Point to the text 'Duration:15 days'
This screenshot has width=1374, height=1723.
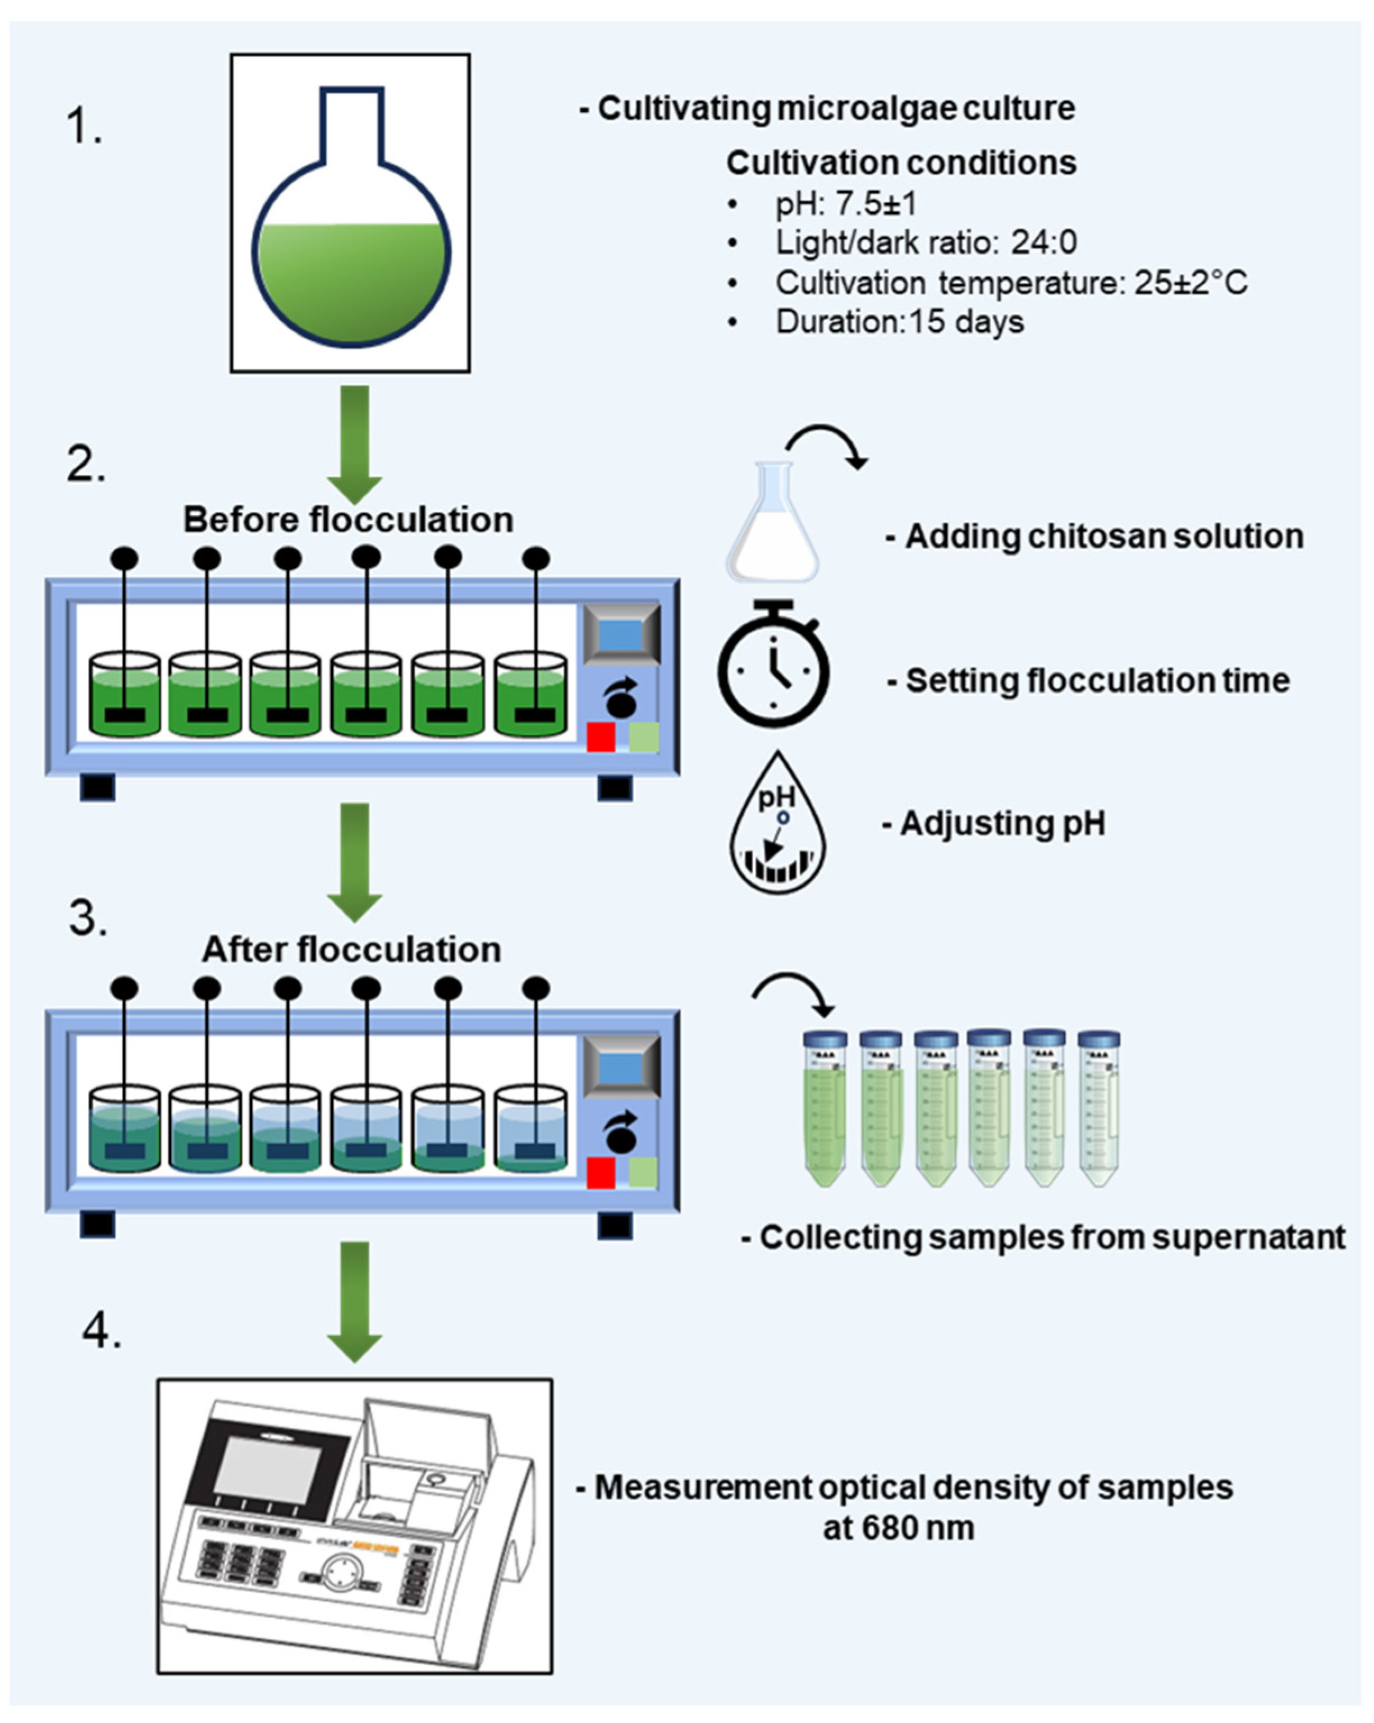[899, 322]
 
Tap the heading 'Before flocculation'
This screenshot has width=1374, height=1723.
[349, 520]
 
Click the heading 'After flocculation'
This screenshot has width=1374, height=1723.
[352, 950]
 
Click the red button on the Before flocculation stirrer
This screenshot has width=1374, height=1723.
[601, 737]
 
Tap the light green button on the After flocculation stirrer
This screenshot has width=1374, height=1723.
[643, 1172]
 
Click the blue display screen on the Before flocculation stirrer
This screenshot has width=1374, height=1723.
[621, 636]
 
